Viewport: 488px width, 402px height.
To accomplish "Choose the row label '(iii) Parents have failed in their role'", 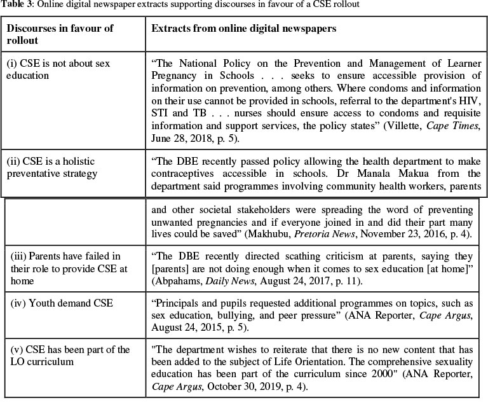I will click(x=69, y=269).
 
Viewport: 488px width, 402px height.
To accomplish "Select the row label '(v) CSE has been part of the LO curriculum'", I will click(x=70, y=356).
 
